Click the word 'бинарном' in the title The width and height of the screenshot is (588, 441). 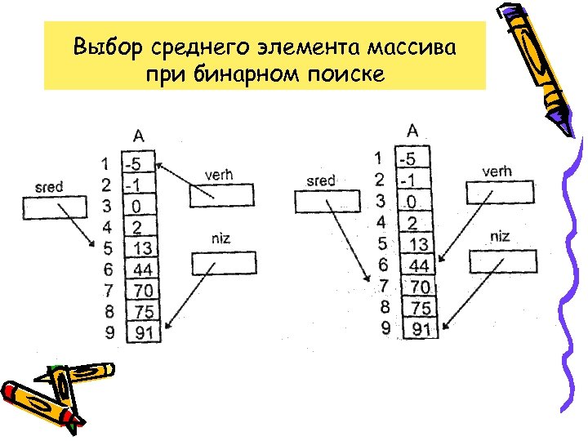tap(250, 75)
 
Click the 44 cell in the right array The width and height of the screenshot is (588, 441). tap(418, 265)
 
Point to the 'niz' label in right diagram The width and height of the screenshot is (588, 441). tap(500, 237)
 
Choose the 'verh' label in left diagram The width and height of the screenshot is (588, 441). tap(218, 175)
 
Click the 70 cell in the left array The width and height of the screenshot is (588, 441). tap(142, 290)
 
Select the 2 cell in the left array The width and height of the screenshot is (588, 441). tap(140, 226)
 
